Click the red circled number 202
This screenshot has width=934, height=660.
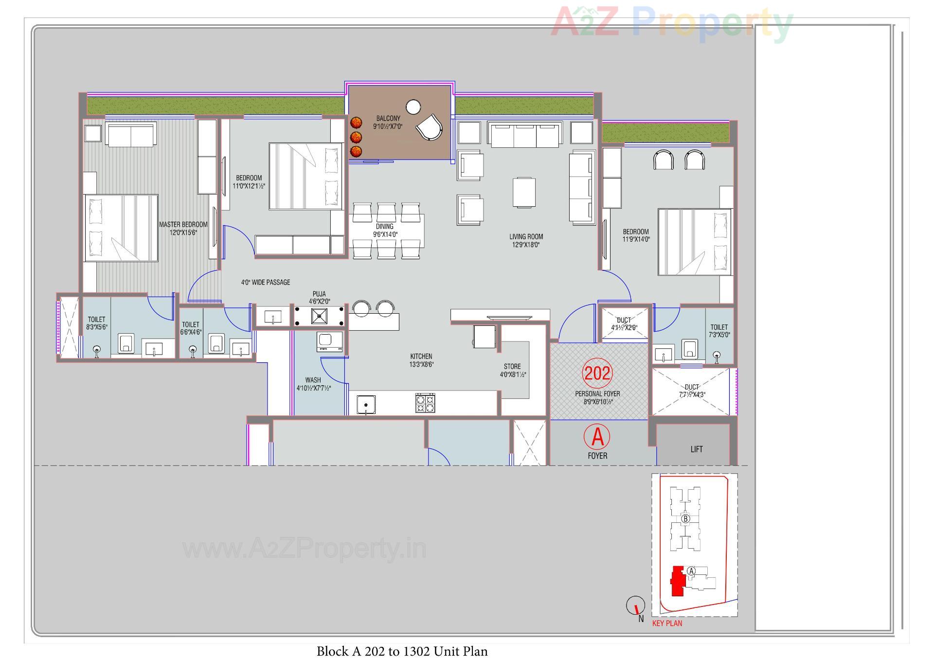(x=597, y=373)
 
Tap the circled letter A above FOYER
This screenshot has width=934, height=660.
(x=597, y=437)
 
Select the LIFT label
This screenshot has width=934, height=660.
(x=696, y=449)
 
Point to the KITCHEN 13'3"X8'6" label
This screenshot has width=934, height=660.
(x=421, y=360)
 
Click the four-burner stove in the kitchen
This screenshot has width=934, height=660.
(x=425, y=403)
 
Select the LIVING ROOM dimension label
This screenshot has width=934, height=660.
(x=526, y=241)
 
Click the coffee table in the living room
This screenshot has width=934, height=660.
(x=524, y=193)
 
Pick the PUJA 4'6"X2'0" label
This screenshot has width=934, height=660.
(x=319, y=298)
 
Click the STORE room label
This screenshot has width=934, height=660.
(x=512, y=370)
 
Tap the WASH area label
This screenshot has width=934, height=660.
(x=313, y=384)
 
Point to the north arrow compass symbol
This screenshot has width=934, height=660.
(x=635, y=606)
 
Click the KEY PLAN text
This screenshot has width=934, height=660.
(x=667, y=623)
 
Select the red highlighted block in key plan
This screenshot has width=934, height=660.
(x=677, y=581)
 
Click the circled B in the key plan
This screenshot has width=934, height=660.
(x=685, y=519)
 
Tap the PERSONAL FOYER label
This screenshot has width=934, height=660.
(x=597, y=397)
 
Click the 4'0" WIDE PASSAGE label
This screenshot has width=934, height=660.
(x=266, y=282)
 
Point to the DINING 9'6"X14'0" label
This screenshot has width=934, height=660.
(x=385, y=230)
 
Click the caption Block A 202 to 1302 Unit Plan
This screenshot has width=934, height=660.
(x=402, y=651)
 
